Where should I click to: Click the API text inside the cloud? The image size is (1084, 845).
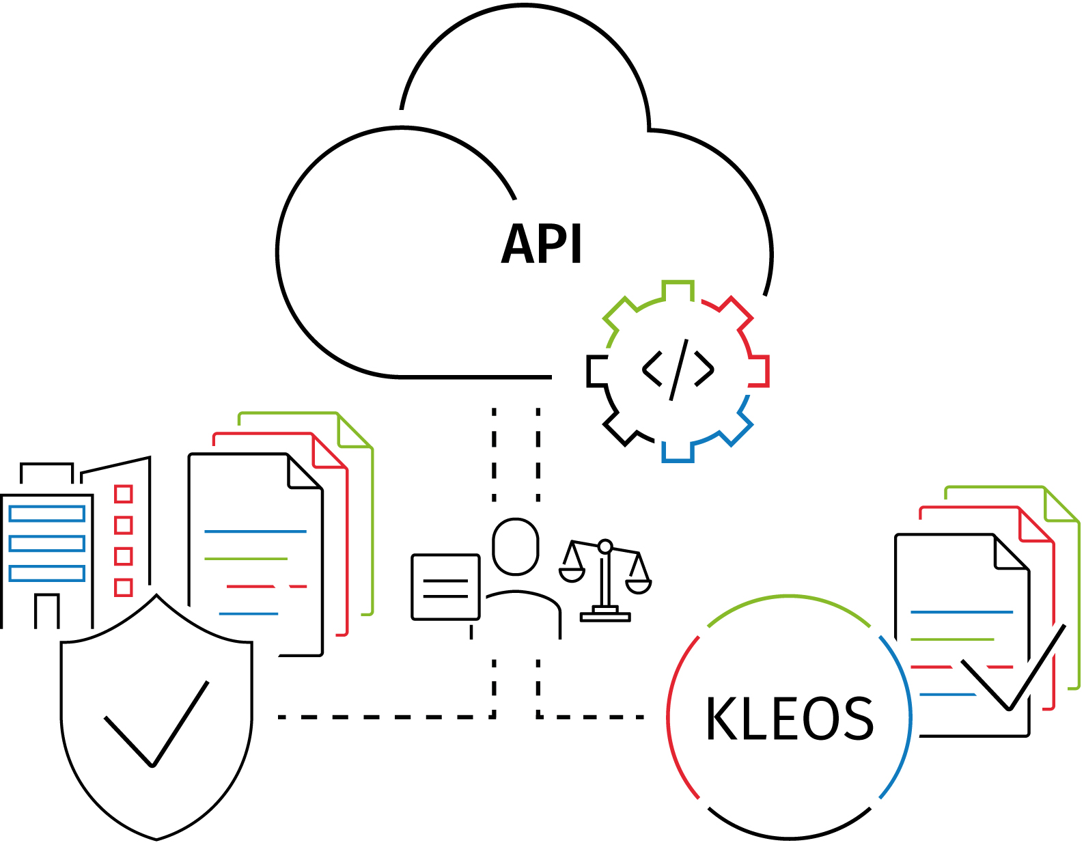point(542,244)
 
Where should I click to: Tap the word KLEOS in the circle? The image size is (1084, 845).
point(789,719)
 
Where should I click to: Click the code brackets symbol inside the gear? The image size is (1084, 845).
point(678,370)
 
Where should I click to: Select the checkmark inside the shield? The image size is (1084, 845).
point(156,724)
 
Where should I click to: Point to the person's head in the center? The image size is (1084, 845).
point(516,546)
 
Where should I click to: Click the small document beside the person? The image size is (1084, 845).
point(445,587)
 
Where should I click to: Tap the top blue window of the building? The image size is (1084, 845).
point(46,514)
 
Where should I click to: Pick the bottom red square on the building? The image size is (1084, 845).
point(123,587)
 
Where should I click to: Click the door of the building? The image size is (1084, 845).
point(46,611)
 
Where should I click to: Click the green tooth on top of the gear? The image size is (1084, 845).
point(678,289)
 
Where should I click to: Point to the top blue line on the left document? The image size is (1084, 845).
point(255,531)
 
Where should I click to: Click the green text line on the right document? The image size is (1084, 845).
point(952,639)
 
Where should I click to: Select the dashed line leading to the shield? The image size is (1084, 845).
point(383,717)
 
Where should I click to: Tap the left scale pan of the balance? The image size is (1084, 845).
point(572,574)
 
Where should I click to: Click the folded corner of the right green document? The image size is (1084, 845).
point(1061,505)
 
